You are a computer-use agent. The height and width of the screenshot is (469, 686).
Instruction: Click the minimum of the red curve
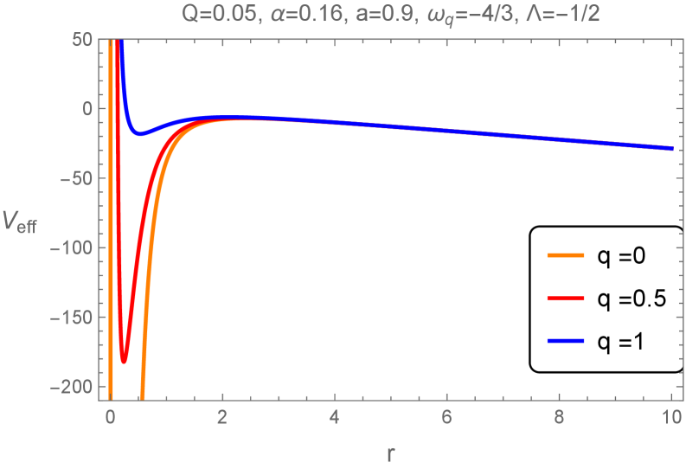click(124, 360)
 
